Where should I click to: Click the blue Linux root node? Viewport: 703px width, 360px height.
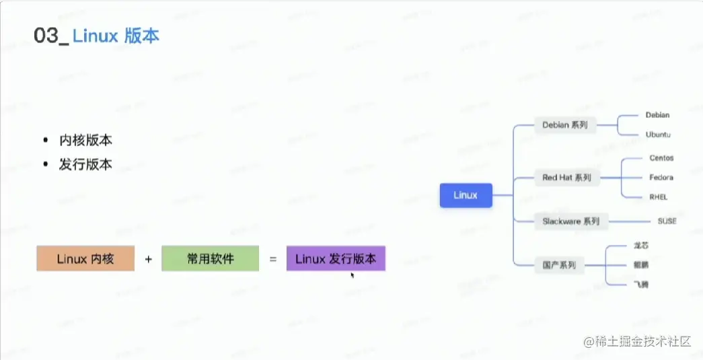click(x=466, y=195)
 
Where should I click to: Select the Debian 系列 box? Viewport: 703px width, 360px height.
click(x=565, y=125)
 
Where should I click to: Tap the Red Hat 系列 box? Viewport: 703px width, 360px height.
click(x=566, y=178)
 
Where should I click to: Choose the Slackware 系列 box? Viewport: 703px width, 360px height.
click(x=570, y=221)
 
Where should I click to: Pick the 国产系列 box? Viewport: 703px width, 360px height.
click(x=559, y=265)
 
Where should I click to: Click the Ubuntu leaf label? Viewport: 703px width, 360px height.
click(x=658, y=135)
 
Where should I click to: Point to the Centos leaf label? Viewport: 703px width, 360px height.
click(x=661, y=158)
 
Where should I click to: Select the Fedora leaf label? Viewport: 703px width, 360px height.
click(x=661, y=178)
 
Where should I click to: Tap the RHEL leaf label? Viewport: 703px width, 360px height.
click(x=659, y=197)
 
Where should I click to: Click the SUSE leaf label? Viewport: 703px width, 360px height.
click(x=667, y=221)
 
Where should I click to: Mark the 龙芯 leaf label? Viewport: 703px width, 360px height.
click(x=641, y=246)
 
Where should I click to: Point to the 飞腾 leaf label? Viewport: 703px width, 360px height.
click(x=641, y=285)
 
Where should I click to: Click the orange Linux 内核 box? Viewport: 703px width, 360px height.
click(x=85, y=258)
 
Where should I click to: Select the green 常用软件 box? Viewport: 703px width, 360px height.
click(x=210, y=258)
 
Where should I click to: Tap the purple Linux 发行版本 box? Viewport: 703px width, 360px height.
click(x=336, y=258)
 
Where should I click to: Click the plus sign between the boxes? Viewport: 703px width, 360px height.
click(x=148, y=258)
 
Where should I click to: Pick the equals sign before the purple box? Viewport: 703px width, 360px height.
click(x=272, y=258)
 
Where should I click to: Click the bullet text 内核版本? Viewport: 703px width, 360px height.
click(x=85, y=141)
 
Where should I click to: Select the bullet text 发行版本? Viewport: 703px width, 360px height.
click(x=85, y=164)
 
